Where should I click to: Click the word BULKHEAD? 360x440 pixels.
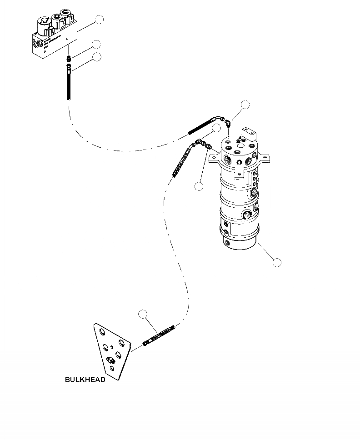[85, 380]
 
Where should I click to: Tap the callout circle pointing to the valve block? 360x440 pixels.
[99, 19]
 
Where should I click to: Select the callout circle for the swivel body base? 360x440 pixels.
[276, 262]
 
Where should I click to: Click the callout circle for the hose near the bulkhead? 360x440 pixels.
[143, 313]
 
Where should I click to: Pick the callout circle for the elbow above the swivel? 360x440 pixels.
[245, 105]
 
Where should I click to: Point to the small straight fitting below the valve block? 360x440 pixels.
[68, 59]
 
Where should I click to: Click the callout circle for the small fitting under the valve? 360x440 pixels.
[96, 44]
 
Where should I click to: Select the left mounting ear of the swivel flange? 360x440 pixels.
[213, 159]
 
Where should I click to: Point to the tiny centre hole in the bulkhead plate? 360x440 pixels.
[112, 347]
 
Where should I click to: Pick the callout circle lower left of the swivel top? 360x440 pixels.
[198, 186]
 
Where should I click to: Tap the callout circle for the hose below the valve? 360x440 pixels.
[96, 57]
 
